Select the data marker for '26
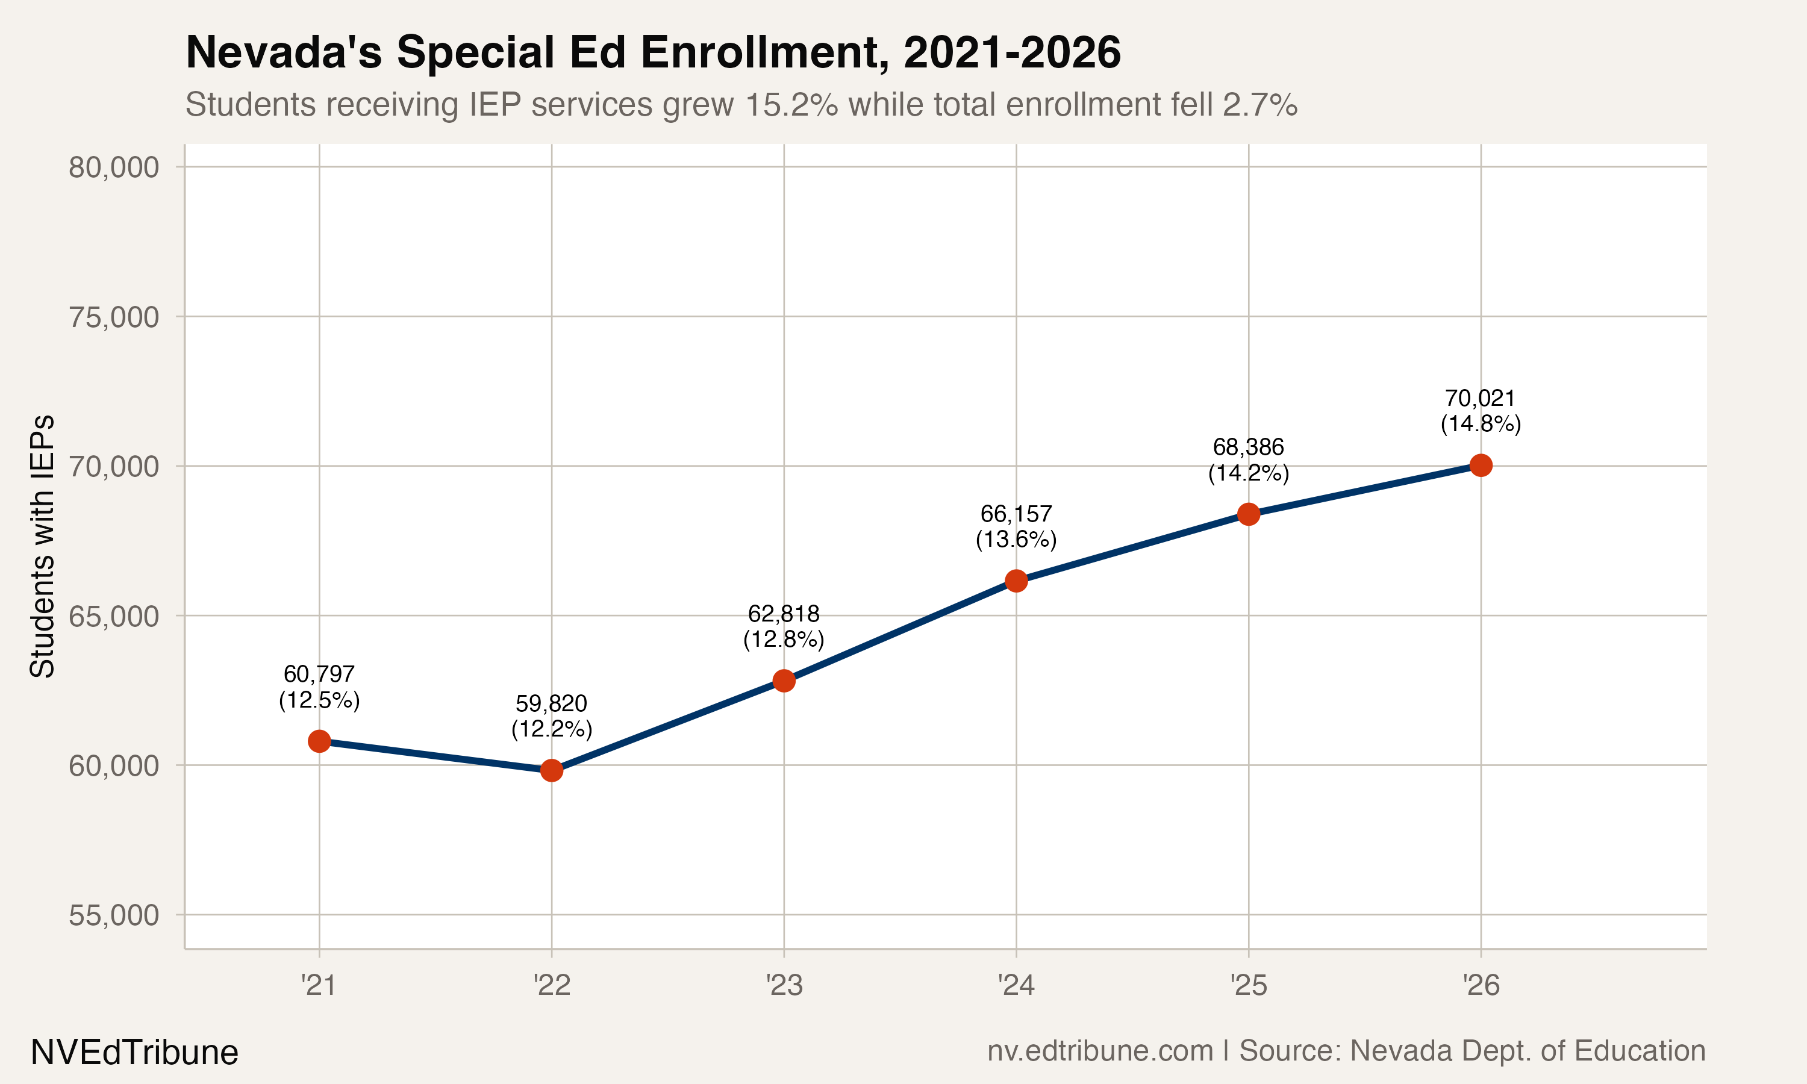pyautogui.click(x=1481, y=466)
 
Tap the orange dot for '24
pyautogui.click(x=1016, y=581)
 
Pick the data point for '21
pyautogui.click(x=319, y=741)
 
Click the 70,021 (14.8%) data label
pyautogui.click(x=1481, y=411)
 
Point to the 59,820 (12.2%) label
pyautogui.click(x=552, y=716)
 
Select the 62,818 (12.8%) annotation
pyautogui.click(x=784, y=626)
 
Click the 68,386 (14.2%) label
pyautogui.click(x=1248, y=459)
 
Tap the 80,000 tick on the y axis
pyautogui.click(x=114, y=167)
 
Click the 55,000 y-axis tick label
pyautogui.click(x=114, y=915)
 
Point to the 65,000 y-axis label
pyautogui.click(x=114, y=617)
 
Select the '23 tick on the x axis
pyautogui.click(x=784, y=986)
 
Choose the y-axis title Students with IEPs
pyautogui.click(x=42, y=546)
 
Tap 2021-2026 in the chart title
pyautogui.click(x=1011, y=52)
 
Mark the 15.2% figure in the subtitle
pyautogui.click(x=791, y=104)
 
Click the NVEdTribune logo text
pyautogui.click(x=134, y=1053)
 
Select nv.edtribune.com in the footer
pyautogui.click(x=1100, y=1050)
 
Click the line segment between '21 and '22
pyautogui.click(x=435, y=756)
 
